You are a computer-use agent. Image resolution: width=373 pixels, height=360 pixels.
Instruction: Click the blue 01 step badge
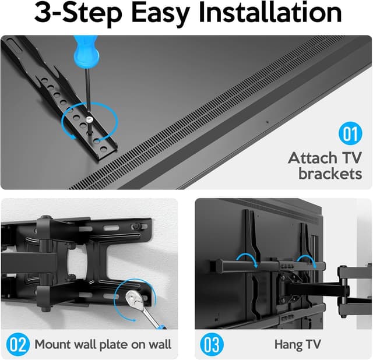pos(349,134)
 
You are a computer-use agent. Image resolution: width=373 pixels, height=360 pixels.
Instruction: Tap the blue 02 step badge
pos(17,344)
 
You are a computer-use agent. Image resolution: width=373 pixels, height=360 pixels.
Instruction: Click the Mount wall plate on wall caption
pos(103,344)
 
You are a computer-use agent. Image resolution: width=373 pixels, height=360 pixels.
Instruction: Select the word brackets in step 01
pos(330,174)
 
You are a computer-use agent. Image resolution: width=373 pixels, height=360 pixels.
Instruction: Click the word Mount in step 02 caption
pos(53,344)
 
